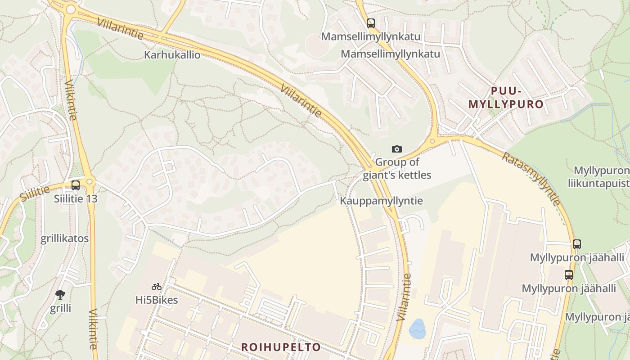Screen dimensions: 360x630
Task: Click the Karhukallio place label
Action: tap(172, 55)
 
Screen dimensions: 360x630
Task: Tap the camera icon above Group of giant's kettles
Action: tap(396, 149)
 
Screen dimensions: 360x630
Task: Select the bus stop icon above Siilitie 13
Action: tap(76, 185)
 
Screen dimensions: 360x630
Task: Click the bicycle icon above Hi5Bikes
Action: tap(157, 287)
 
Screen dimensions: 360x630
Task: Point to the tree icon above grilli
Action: tap(60, 295)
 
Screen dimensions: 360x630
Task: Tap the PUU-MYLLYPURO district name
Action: tap(506, 98)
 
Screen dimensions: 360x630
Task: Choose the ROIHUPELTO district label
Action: tap(281, 347)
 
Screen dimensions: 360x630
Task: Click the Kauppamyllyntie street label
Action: tap(381, 201)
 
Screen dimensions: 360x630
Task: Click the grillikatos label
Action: tap(65, 238)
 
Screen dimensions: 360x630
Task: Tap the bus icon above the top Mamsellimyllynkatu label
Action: tap(370, 23)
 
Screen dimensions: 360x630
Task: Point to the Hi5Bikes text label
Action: tap(157, 300)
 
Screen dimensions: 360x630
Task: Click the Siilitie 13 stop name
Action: tap(76, 198)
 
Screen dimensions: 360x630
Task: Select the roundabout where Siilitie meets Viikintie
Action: tap(90, 182)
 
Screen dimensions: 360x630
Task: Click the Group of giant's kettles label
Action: tap(397, 169)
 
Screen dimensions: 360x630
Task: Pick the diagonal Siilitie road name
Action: tap(35, 193)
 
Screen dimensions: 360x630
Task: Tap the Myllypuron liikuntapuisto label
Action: tap(601, 177)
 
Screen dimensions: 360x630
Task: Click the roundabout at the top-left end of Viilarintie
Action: tap(70, 9)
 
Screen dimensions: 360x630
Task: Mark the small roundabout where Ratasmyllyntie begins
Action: tap(432, 141)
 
